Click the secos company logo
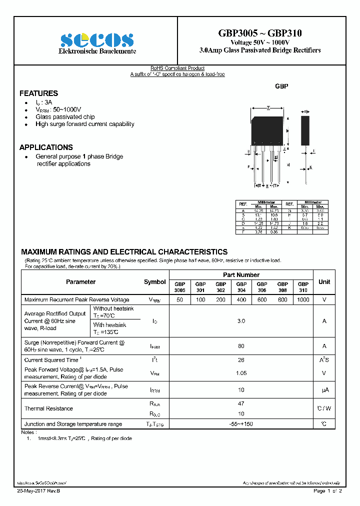point(97,40)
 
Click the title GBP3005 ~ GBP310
point(259,33)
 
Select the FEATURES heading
point(38,93)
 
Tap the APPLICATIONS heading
point(46,147)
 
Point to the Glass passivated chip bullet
point(65,116)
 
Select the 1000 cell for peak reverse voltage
point(302,299)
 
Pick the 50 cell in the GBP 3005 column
point(179,299)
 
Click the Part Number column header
point(241,275)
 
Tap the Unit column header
point(324,282)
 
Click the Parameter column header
point(80,282)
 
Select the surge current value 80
point(241,346)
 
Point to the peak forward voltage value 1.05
point(241,373)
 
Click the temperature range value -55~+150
point(241,424)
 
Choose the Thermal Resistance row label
point(48,408)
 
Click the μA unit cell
point(324,390)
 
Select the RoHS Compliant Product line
point(177,68)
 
